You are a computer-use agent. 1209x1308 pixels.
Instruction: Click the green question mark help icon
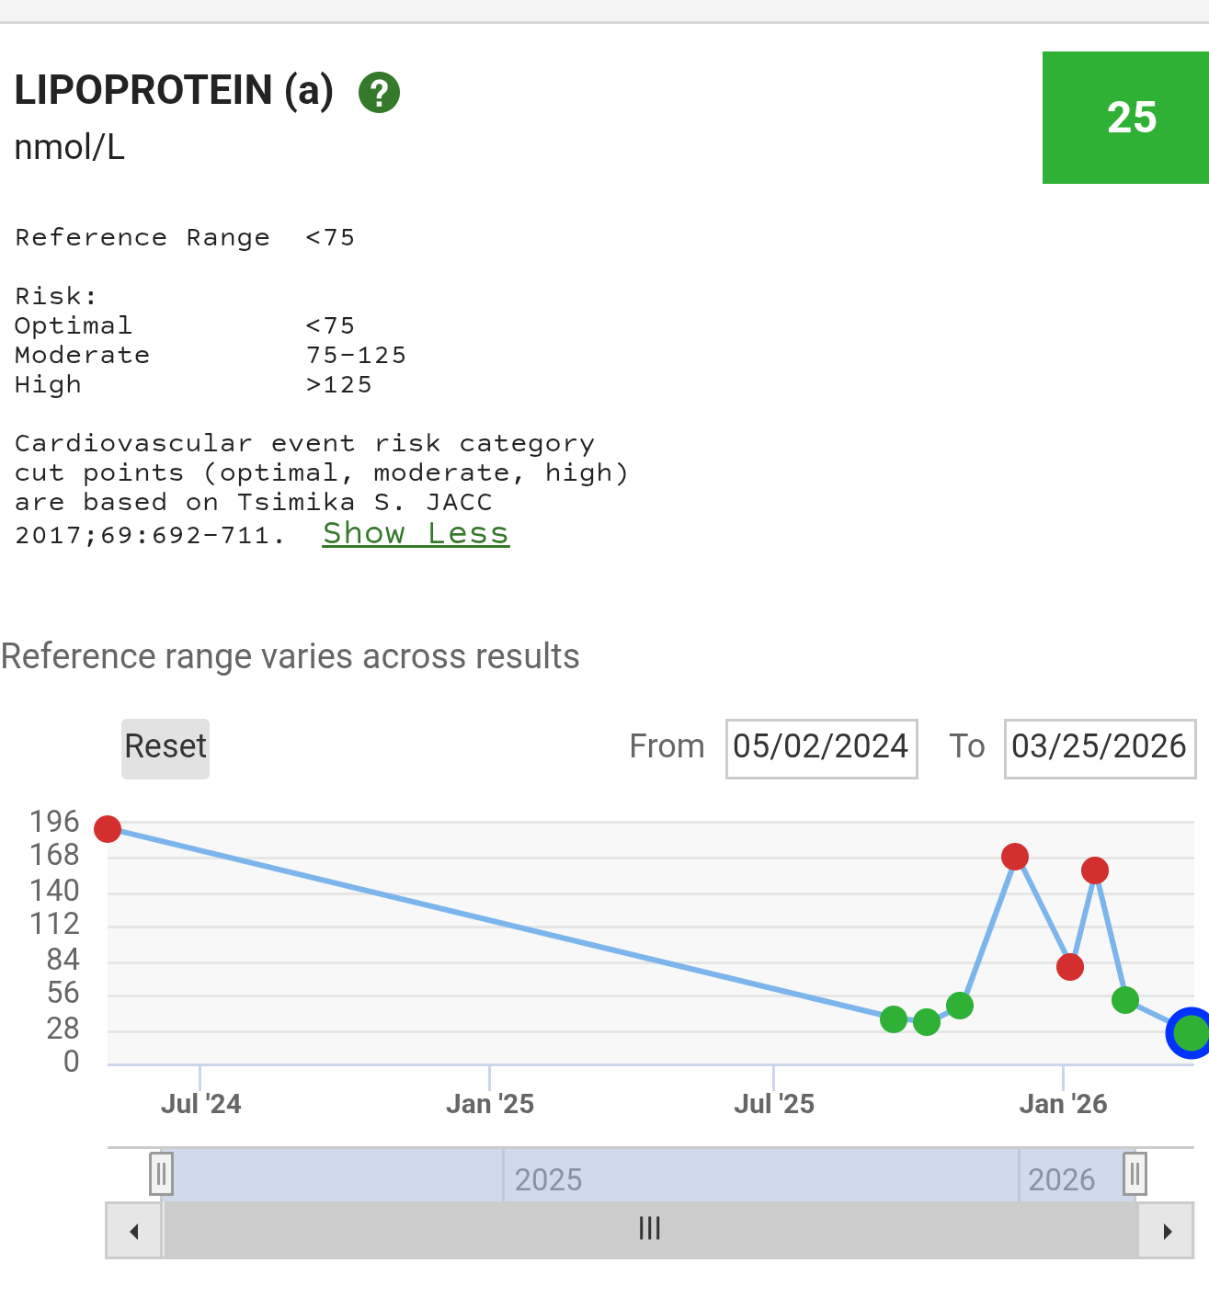[379, 92]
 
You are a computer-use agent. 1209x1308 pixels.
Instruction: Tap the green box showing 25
[1125, 118]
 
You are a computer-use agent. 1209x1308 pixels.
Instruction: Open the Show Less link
[416, 533]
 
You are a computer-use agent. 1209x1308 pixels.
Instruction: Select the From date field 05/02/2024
[821, 747]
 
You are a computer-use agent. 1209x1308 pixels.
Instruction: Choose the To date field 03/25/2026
[1100, 747]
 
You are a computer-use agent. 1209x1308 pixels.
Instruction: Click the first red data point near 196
[108, 829]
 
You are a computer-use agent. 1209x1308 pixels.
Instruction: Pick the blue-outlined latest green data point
[1192, 1033]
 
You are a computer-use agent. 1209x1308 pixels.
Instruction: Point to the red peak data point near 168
[1015, 857]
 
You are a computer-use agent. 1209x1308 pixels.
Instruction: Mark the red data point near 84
[1070, 967]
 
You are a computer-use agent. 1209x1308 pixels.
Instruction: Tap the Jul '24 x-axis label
[200, 1104]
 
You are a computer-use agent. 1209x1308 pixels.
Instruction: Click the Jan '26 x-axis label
[1063, 1104]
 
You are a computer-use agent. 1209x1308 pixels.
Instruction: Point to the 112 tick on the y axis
[55, 925]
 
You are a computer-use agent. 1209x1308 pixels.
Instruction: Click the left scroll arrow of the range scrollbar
[134, 1231]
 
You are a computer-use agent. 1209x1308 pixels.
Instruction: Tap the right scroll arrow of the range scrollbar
[1167, 1231]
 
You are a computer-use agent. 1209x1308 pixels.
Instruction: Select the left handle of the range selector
[161, 1175]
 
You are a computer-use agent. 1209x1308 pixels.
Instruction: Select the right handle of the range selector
[1135, 1175]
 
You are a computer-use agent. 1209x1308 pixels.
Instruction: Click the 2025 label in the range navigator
[548, 1179]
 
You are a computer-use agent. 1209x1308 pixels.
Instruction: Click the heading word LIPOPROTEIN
[143, 90]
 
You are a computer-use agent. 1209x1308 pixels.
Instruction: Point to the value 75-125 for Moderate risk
[356, 356]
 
